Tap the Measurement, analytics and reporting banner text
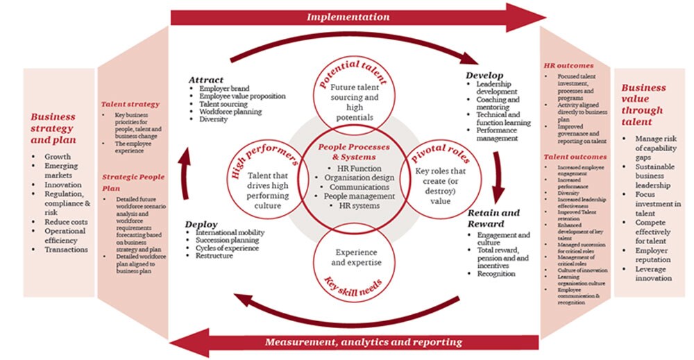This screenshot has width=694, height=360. pos(363,342)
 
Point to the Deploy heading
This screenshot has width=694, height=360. pos(201,225)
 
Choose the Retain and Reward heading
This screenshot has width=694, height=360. pos(493,218)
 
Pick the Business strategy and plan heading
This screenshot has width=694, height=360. pos(58,129)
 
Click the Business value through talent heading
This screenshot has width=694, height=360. pos(643,105)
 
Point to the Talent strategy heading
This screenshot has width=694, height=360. pos(130,104)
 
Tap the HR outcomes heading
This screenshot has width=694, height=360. pos(568,66)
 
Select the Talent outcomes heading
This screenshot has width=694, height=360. pos(573,158)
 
